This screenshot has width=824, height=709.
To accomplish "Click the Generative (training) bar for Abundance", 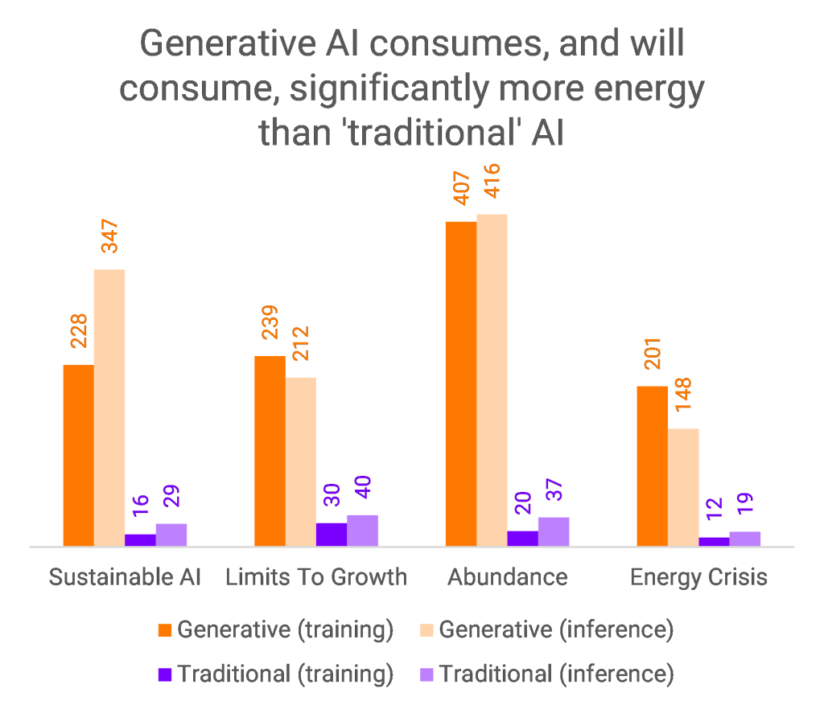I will point(461,383).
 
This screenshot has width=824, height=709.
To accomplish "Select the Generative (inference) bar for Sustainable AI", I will point(109,408).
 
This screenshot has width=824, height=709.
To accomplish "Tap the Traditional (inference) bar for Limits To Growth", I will point(362,531).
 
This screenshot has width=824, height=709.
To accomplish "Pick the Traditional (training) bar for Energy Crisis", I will point(714,542).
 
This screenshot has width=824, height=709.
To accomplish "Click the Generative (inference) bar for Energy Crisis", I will point(683,487).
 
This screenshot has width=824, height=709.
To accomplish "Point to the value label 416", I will point(492,186).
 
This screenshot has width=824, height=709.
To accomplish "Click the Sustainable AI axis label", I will point(125,577).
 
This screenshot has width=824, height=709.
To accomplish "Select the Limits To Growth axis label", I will point(316,577).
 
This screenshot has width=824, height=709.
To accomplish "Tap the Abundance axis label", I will point(508,577).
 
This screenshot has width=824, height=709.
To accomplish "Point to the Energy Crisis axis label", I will point(698,577).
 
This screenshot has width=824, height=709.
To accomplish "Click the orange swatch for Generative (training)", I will point(165,630).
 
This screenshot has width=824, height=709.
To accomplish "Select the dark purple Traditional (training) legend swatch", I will point(165,674).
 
